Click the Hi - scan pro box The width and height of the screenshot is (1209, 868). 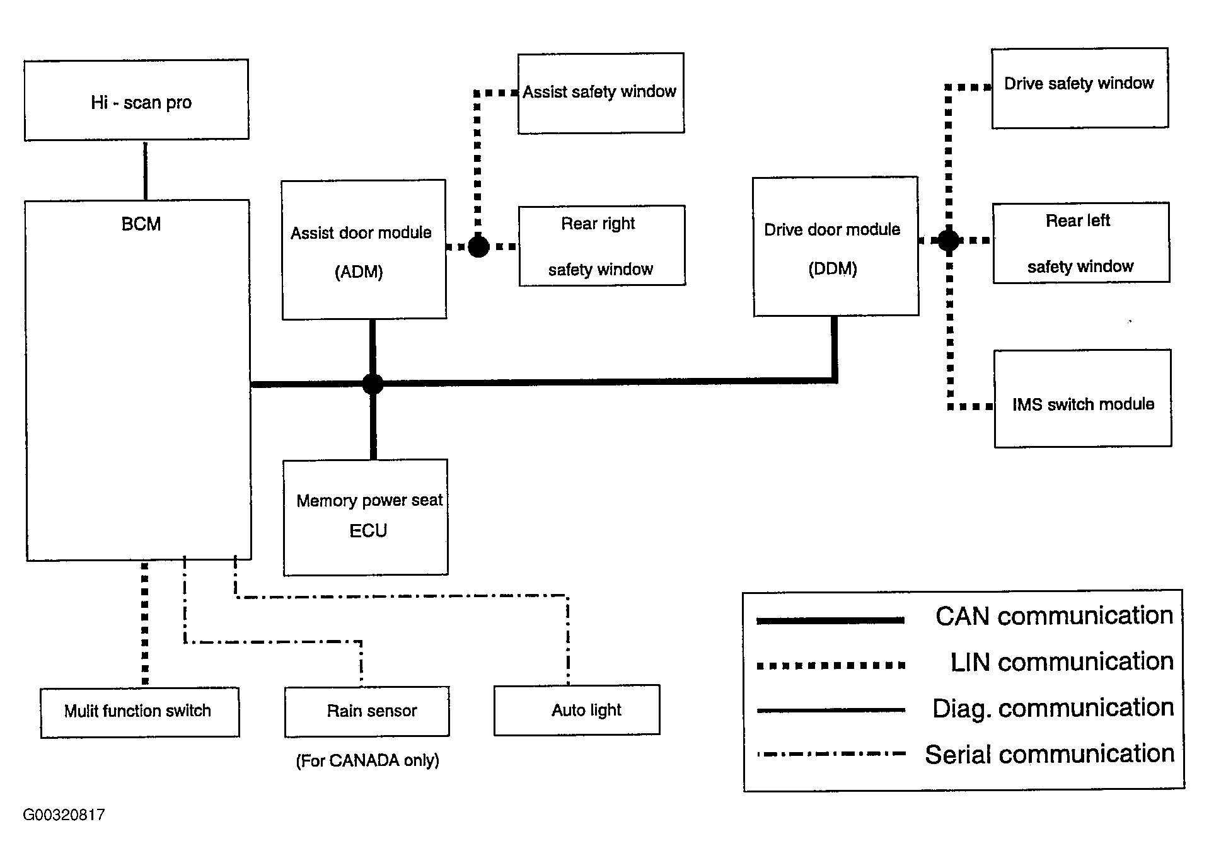(136, 100)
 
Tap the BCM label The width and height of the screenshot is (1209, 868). (141, 224)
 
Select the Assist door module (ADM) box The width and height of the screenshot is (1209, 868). (364, 250)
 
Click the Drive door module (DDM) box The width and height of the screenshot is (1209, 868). (835, 246)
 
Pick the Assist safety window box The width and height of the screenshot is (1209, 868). (601, 93)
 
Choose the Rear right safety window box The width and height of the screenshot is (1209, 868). (601, 246)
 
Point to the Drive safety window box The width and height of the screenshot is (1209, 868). (1079, 88)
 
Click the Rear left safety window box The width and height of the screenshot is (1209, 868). (1080, 243)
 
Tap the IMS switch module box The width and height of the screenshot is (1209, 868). (1082, 399)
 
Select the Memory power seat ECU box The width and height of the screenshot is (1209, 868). (366, 517)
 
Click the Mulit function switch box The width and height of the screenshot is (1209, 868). (140, 712)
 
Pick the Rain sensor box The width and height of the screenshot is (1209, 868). (367, 711)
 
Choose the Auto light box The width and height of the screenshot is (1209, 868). (576, 710)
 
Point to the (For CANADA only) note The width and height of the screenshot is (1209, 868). (367, 761)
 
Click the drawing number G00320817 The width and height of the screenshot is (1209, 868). (64, 815)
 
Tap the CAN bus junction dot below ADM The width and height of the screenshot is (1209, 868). (373, 384)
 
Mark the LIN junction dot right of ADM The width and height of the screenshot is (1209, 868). (478, 246)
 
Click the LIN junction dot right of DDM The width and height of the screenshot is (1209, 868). (949, 241)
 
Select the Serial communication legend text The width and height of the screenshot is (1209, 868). (1049, 754)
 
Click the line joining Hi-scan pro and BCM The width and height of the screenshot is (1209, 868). (146, 170)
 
